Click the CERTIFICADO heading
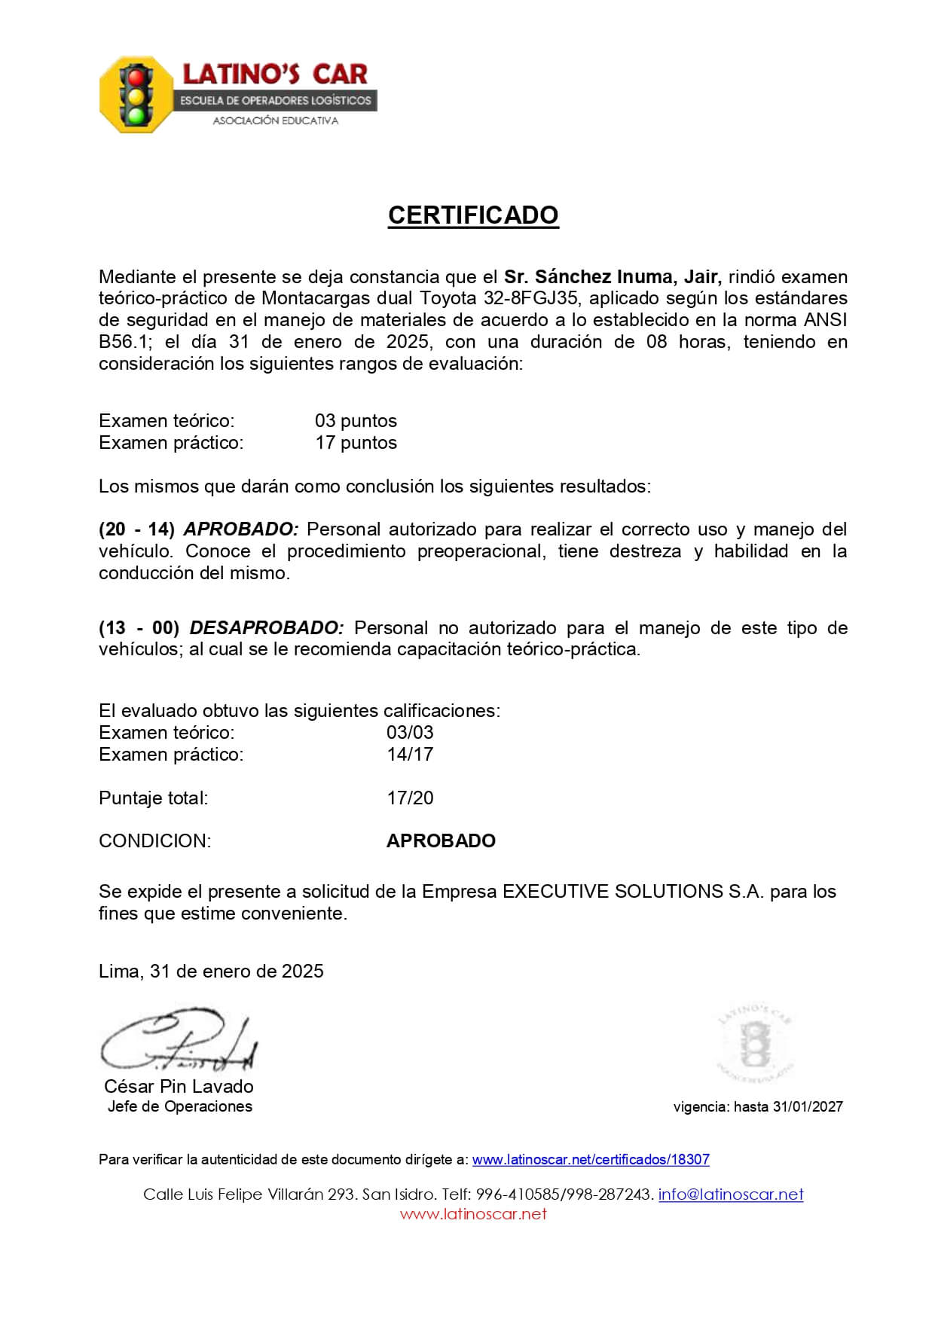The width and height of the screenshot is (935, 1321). [473, 215]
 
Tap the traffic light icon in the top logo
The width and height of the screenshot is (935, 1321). [136, 96]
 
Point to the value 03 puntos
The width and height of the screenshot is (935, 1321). [356, 421]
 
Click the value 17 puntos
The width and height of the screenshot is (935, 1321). [356, 443]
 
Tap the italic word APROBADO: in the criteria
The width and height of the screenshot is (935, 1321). [241, 529]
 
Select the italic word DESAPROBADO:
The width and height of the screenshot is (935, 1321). [267, 628]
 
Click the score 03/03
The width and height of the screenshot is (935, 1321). [410, 733]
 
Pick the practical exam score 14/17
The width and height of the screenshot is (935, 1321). [410, 755]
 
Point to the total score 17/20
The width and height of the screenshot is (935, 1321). [410, 798]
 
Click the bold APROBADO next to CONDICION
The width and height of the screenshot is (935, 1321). [441, 841]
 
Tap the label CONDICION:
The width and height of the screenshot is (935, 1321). [154, 841]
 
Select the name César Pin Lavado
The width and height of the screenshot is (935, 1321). [179, 1087]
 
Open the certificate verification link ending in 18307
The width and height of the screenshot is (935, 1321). [591, 1160]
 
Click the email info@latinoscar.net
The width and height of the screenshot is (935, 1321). [731, 1194]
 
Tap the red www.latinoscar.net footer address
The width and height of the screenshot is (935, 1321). [473, 1214]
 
